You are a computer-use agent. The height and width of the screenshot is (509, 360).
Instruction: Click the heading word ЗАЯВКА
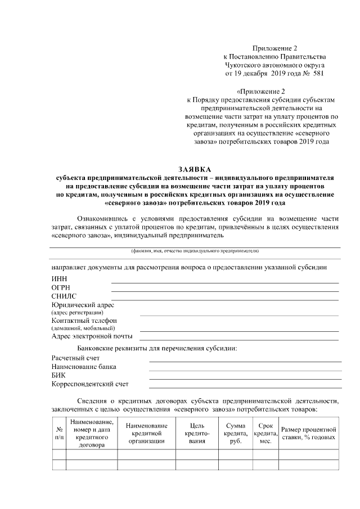[195, 169]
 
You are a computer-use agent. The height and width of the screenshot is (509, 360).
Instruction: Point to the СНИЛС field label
[64, 296]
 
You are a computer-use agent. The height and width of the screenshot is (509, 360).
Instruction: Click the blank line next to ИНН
[225, 282]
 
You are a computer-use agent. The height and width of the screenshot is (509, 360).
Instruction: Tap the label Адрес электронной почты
[92, 336]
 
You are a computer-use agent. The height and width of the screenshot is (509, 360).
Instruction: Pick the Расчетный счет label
[75, 358]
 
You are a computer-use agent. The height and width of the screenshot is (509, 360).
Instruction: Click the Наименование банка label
[84, 367]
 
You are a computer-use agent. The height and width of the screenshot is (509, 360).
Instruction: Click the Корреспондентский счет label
[90, 384]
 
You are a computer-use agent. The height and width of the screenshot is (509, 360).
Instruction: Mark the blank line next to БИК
[245, 379]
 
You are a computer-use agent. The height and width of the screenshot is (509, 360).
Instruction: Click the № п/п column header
[59, 433]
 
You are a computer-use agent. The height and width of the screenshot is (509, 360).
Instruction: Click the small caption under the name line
[195, 251]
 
